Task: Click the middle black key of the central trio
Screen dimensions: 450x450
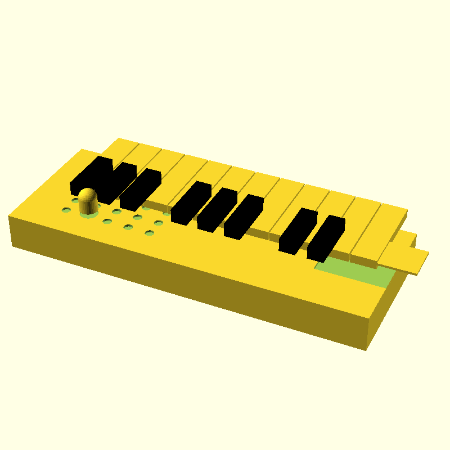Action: coord(217,209)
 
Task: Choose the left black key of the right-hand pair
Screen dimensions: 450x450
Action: coord(298,230)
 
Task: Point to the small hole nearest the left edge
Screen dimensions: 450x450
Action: coord(66,210)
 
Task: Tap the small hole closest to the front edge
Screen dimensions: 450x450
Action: coord(149,233)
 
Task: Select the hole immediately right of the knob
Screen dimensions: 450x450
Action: coord(116,211)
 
